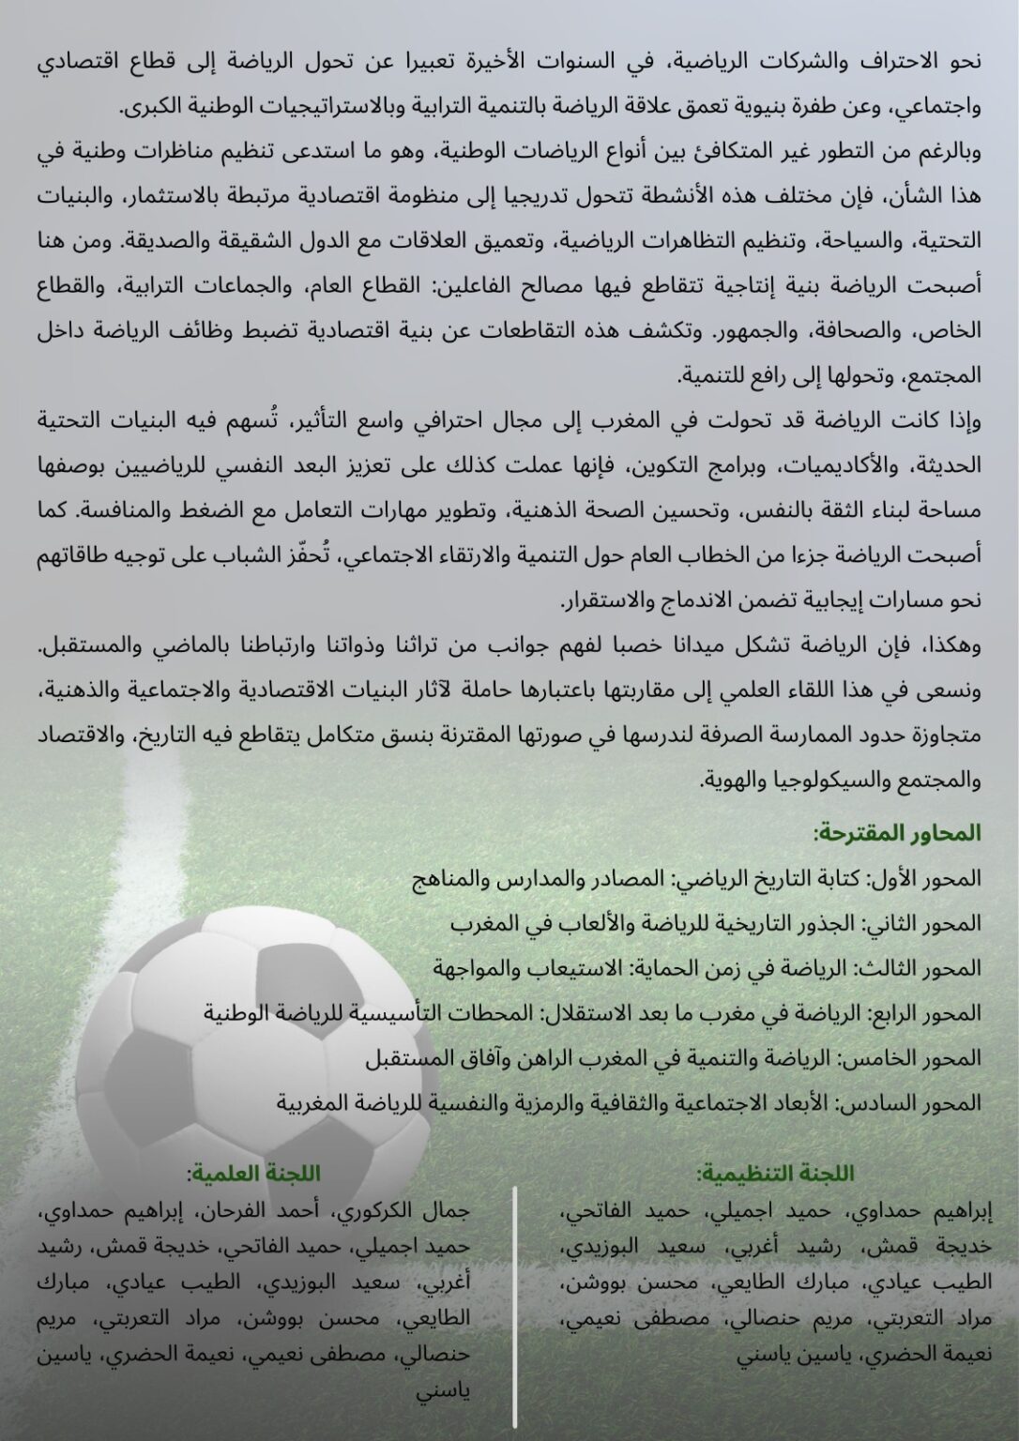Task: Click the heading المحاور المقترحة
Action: point(898,832)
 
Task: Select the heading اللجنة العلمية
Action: point(253,1174)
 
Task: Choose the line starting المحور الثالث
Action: point(709,967)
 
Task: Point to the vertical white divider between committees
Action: point(515,1313)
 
